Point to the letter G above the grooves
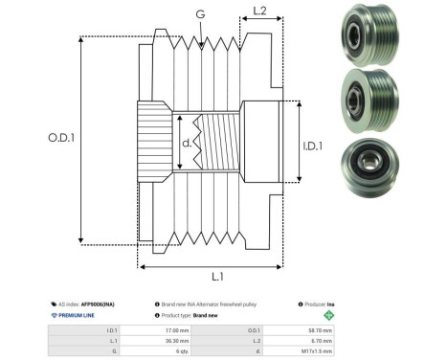click(x=199, y=13)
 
